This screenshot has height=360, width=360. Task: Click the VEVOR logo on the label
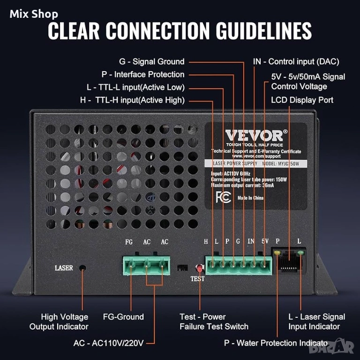click(x=255, y=135)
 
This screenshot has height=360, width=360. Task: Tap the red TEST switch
click(x=199, y=269)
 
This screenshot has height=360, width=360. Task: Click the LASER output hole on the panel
click(x=82, y=268)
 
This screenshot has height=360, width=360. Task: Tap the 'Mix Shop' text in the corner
click(x=34, y=15)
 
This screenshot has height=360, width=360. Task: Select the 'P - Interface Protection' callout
click(x=142, y=75)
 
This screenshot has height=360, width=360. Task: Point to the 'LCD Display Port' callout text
click(x=302, y=100)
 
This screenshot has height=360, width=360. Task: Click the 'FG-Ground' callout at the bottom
click(x=123, y=317)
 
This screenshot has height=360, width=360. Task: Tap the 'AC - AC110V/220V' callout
click(x=108, y=343)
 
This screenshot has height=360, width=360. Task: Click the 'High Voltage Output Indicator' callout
click(x=59, y=322)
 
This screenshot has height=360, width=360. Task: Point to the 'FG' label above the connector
click(x=129, y=242)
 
